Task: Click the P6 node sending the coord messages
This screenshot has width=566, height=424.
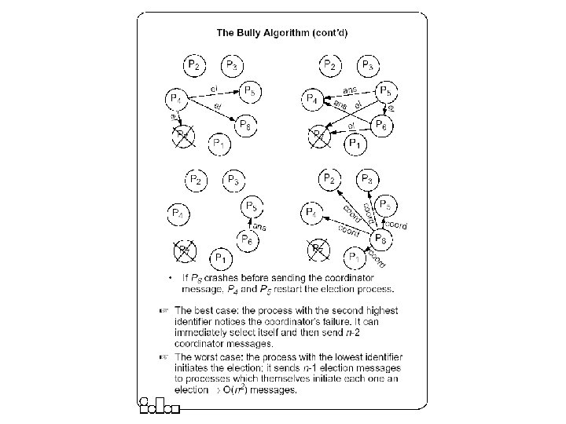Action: click(380, 238)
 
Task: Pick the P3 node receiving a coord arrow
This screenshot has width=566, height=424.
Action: click(369, 180)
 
